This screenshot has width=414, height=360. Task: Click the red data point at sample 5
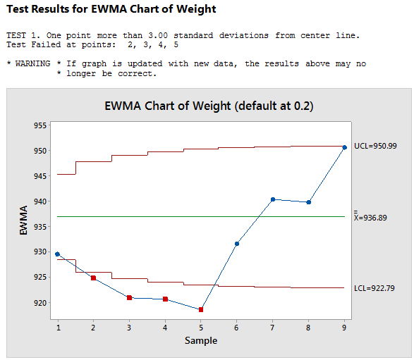coord(201,309)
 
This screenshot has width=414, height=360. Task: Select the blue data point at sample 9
coord(344,147)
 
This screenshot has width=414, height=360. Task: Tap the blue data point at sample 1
coord(57,254)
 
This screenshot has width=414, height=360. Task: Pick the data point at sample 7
coord(273,199)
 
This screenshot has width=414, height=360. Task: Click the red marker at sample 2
coord(93,278)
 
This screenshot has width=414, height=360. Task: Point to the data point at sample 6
coord(237,244)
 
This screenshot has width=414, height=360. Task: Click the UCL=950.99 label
coord(375,146)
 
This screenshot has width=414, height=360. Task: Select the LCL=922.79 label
coord(375,288)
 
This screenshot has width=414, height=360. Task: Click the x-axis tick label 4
coord(165,328)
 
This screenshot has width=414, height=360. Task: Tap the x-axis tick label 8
coord(308,328)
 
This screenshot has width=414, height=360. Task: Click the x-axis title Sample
coord(201,341)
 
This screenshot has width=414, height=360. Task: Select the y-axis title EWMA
coord(23,221)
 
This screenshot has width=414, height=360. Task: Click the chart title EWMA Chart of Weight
coord(209,106)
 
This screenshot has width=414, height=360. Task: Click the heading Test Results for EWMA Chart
coord(111,9)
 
